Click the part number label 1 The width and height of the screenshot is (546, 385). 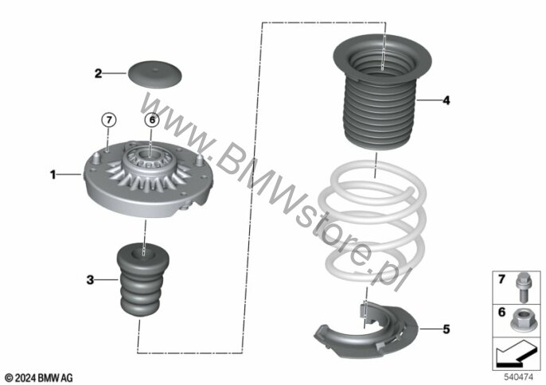click(53, 174)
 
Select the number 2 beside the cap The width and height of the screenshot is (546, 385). click(99, 73)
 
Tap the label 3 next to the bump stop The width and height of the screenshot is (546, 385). click(90, 279)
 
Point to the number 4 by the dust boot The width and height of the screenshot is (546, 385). click(447, 100)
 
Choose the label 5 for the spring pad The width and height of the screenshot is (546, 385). click(447, 329)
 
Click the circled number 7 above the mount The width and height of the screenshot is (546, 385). click(108, 120)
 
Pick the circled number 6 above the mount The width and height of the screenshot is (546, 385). click(152, 120)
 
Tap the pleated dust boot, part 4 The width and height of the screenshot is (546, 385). click(382, 92)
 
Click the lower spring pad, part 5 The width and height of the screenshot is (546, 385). click(365, 331)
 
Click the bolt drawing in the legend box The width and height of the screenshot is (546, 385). click(523, 287)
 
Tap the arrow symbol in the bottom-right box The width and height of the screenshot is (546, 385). click(516, 353)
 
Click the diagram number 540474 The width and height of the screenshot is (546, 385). click(518, 376)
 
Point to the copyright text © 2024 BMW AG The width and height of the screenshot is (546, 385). click(39, 377)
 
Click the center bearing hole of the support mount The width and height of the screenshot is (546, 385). click(150, 154)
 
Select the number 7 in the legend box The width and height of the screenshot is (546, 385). click(501, 279)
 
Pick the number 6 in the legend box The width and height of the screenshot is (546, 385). click(501, 313)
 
